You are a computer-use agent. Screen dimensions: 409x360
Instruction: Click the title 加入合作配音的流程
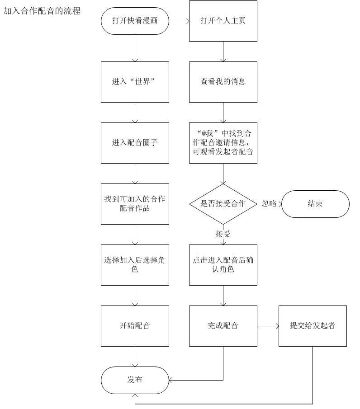(42, 11)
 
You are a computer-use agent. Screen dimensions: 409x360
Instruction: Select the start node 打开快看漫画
(135, 21)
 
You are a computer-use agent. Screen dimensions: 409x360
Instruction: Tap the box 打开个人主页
(223, 21)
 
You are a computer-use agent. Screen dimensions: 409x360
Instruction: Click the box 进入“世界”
(135, 82)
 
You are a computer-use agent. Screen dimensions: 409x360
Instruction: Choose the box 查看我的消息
(223, 82)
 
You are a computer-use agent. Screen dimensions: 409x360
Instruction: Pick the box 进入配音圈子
(135, 143)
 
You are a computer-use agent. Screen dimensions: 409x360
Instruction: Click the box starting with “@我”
(223, 143)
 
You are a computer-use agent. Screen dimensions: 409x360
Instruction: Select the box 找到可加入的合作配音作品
(135, 204)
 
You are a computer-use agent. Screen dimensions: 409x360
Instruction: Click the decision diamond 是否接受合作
(223, 204)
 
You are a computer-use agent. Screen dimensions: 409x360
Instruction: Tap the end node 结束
(315, 204)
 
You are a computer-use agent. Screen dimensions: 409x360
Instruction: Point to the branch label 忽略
(269, 204)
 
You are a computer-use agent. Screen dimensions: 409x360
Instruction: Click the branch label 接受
(223, 234)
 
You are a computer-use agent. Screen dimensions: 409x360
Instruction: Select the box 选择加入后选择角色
(135, 265)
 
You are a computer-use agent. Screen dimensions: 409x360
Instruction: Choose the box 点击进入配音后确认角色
(223, 265)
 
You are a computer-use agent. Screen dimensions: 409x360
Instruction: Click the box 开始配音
(135, 326)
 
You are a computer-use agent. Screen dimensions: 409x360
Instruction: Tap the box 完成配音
(223, 326)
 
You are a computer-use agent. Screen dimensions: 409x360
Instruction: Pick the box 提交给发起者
(313, 326)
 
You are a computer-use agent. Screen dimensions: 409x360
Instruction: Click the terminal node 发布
(135, 380)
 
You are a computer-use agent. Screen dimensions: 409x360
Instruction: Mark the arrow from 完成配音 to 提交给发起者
(268, 326)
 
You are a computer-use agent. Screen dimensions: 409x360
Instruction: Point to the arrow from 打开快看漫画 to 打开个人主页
(179, 21)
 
